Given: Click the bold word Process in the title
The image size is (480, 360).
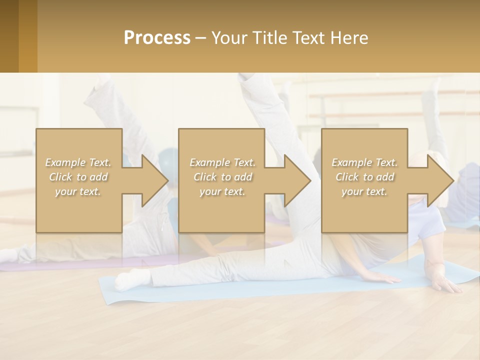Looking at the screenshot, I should (x=157, y=38).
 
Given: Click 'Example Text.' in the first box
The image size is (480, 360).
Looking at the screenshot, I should (x=78, y=162).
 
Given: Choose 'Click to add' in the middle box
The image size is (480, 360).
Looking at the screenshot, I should (x=222, y=177).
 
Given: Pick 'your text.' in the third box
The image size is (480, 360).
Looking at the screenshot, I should (x=364, y=191).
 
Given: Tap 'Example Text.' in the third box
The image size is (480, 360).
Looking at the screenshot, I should (x=364, y=162).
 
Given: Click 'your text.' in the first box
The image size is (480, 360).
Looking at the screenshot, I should (x=78, y=191).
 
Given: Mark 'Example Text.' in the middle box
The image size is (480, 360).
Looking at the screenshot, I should (x=222, y=162).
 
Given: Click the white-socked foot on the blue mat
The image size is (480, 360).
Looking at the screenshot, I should (x=127, y=279).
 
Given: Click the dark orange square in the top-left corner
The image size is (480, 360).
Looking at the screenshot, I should (x=18, y=36).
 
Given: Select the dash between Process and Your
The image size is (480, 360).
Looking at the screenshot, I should (x=201, y=38).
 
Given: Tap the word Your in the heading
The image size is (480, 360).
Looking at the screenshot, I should (x=228, y=38).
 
